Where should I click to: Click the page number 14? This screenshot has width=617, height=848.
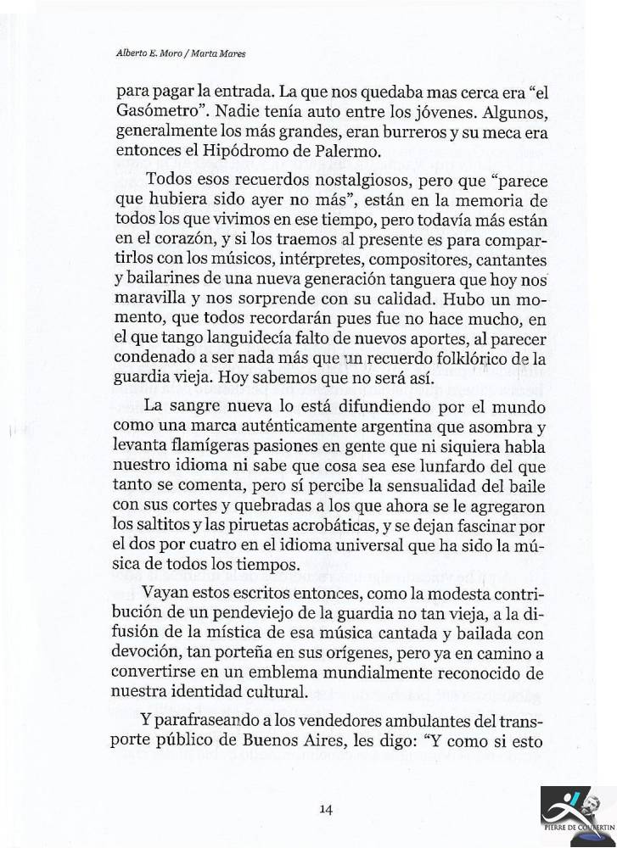pos(325,808)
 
